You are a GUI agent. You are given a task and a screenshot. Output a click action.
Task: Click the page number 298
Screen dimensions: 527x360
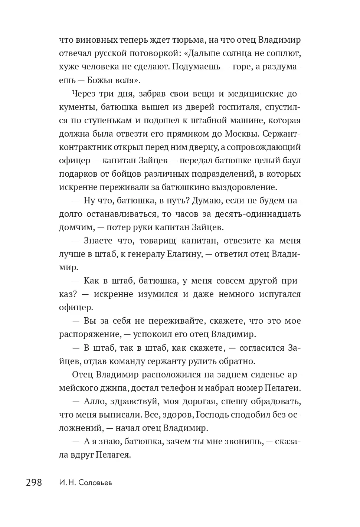tap(34, 482)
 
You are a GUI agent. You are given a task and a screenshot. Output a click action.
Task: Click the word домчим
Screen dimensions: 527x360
tap(73, 227)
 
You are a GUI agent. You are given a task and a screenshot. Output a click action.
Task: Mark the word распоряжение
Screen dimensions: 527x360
tap(89, 334)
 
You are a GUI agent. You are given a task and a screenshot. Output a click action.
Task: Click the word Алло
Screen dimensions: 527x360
tap(94, 402)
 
